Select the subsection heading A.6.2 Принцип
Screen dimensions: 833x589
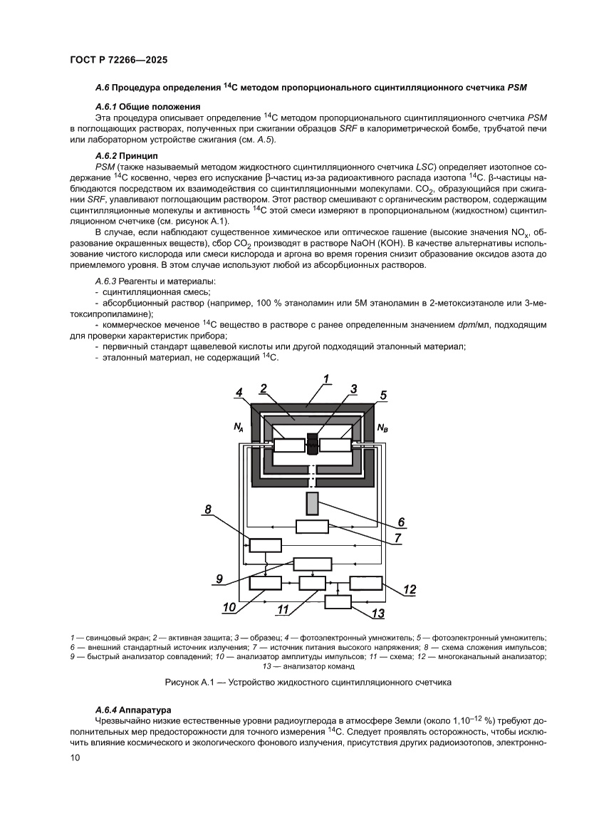120,155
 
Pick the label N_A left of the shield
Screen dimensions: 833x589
239,428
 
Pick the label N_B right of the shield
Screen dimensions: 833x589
382,428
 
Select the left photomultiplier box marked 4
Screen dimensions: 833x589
289,445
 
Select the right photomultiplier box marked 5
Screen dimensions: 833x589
335,445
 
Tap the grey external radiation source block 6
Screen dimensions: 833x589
312,502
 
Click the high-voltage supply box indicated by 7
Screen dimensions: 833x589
312,527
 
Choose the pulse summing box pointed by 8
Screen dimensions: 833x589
265,544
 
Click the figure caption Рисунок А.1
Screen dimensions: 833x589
308,682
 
